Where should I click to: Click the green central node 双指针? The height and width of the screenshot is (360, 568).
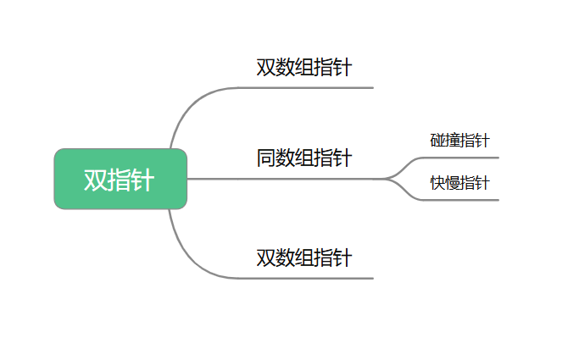tap(120, 179)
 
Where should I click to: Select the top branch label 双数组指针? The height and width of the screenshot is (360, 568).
tap(304, 67)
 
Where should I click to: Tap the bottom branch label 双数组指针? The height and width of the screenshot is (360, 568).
tap(304, 258)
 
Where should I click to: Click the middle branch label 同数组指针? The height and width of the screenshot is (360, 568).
tap(304, 158)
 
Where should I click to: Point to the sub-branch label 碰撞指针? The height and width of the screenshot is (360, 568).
tap(459, 141)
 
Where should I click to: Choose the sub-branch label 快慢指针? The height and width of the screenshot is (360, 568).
tap(459, 183)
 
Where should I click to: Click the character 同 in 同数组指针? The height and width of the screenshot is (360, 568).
tap(265, 158)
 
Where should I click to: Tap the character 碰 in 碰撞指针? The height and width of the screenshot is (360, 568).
tap(437, 141)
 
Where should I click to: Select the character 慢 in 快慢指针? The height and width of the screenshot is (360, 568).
tap(452, 183)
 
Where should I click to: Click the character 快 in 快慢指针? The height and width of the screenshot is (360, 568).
tap(437, 183)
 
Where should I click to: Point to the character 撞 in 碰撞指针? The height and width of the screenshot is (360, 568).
tap(452, 141)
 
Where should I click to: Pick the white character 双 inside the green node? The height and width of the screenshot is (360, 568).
tap(96, 180)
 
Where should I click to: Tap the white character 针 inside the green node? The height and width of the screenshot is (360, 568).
tap(142, 180)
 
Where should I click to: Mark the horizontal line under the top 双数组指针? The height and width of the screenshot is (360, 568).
tap(306, 87)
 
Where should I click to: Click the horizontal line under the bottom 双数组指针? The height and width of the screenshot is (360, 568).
tap(306, 278)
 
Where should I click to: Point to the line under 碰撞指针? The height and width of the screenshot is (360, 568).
tap(460, 158)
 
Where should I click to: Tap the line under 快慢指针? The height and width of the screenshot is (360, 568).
tap(460, 200)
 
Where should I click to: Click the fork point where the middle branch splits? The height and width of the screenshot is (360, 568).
tap(386, 179)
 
